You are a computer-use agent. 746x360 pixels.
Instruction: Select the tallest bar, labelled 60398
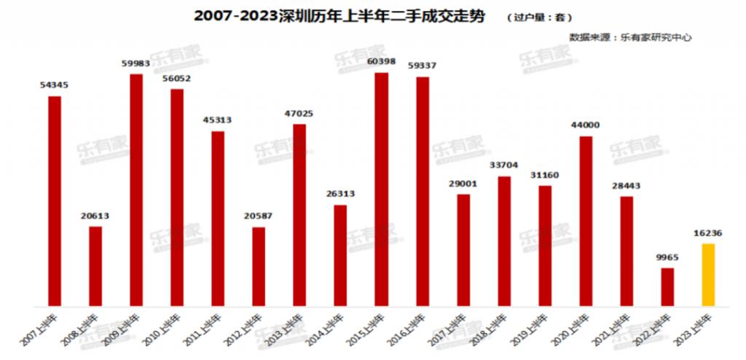tap(382, 189)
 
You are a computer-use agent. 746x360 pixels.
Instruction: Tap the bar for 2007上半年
tap(55, 200)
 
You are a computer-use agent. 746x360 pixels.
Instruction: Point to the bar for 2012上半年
tap(259, 266)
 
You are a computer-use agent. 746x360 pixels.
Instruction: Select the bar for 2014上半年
tap(340, 255)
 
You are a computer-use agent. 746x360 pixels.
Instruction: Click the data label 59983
tap(136, 63)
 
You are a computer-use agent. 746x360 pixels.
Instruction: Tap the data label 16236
tap(708, 234)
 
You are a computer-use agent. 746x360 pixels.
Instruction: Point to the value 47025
tap(300, 114)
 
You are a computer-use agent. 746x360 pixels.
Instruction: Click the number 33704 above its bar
tap(504, 165)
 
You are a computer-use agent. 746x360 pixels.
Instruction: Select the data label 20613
tap(95, 216)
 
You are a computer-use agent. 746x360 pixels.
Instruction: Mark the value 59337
tap(423, 66)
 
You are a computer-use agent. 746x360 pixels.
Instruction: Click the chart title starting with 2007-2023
tap(339, 16)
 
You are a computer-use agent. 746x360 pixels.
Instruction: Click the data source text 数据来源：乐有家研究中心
tap(631, 36)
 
